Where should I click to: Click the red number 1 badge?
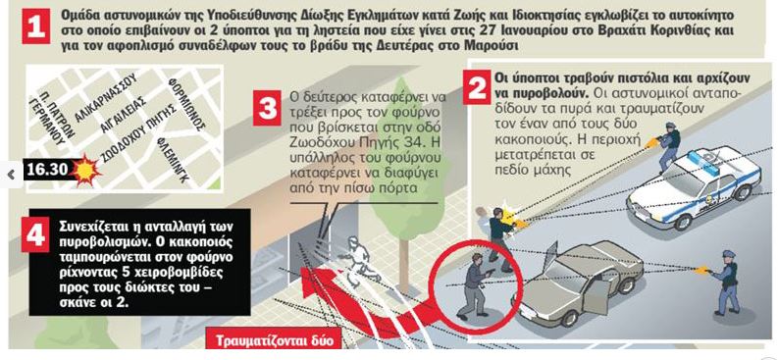(x=35, y=26)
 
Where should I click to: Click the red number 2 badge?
(x=478, y=87)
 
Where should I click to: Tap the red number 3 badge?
(x=268, y=108)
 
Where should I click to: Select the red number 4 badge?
(x=35, y=234)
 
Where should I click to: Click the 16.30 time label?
(x=47, y=170)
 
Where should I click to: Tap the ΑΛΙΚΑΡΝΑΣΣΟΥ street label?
(x=105, y=97)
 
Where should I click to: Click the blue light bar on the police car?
(x=700, y=163)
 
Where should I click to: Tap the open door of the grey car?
(x=596, y=293)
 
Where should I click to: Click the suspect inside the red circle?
(x=475, y=285)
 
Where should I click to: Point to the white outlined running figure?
(x=355, y=259)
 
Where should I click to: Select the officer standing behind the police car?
(x=666, y=145)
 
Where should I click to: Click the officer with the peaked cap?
(x=724, y=283)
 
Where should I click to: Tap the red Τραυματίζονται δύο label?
(x=274, y=341)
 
